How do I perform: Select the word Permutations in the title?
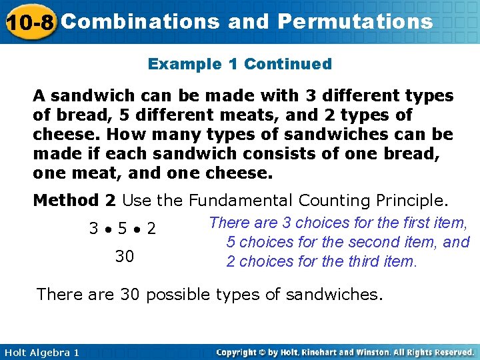[355, 22]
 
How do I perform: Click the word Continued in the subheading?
[288, 65]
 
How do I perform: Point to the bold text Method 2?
[75, 200]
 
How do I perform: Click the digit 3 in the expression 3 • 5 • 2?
[94, 229]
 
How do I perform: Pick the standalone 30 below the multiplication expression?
[124, 256]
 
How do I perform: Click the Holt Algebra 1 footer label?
[40, 352]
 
